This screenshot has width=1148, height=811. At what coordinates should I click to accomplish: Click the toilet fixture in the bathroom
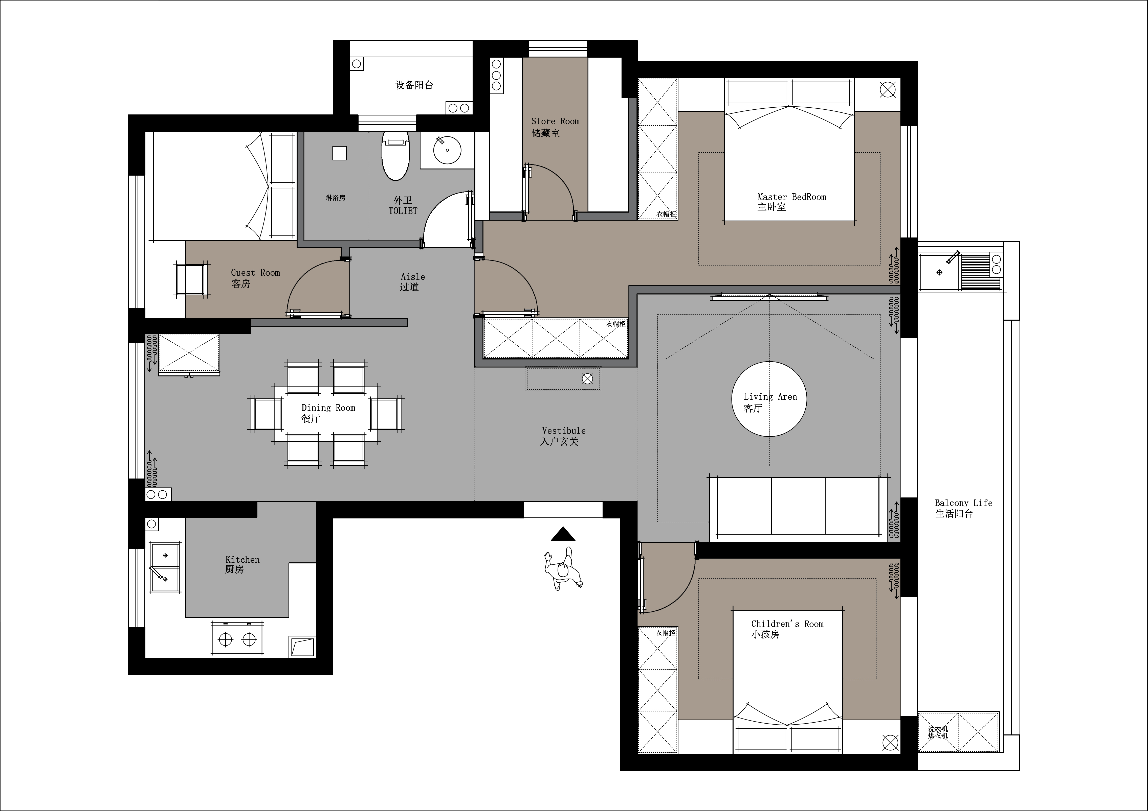pyautogui.click(x=395, y=155)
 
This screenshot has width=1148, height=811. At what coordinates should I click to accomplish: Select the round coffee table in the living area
pyautogui.click(x=769, y=399)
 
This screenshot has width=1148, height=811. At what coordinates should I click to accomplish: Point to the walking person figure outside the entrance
pyautogui.click(x=563, y=569)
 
